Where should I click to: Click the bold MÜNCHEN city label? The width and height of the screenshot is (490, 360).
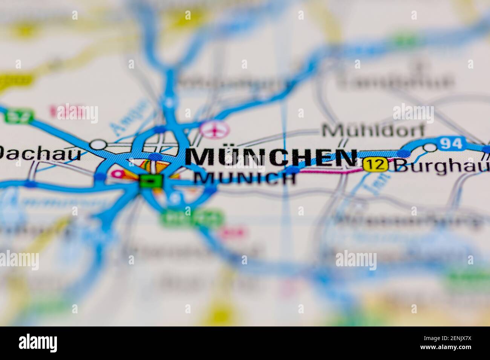pos(271,157)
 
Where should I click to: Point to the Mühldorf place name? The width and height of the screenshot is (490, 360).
pos(373,130)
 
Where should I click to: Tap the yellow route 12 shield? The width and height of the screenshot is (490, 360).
pos(375,165)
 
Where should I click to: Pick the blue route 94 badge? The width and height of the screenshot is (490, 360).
pos(451,143)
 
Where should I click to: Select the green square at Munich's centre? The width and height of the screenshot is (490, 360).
pos(151,181)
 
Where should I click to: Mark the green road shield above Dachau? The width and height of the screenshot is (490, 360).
pos(20,116)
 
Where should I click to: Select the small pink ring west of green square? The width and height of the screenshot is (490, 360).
pos(118,174)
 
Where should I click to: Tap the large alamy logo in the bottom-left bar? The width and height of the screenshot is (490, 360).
pos(38,343)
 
